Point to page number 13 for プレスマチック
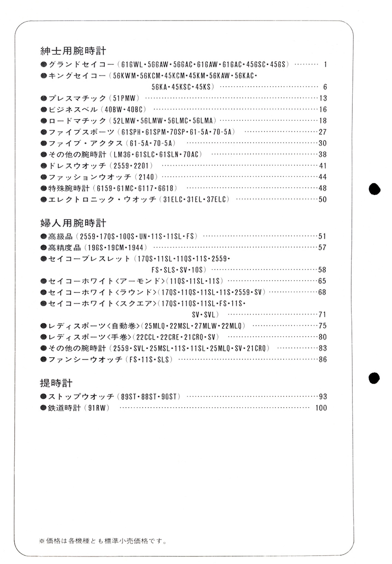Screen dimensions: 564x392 (322, 98)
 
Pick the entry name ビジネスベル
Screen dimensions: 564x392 (73, 109)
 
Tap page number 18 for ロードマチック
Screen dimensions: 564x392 (322, 121)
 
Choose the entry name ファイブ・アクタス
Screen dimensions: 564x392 (85, 143)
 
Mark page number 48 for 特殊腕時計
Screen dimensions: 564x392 (322, 188)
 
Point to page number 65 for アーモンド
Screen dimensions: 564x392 (322, 281)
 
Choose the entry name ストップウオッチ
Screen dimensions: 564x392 (81, 396)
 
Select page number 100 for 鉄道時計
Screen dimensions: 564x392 (321, 408)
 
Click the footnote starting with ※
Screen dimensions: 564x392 (102, 541)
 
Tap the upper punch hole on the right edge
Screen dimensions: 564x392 (374, 190)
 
